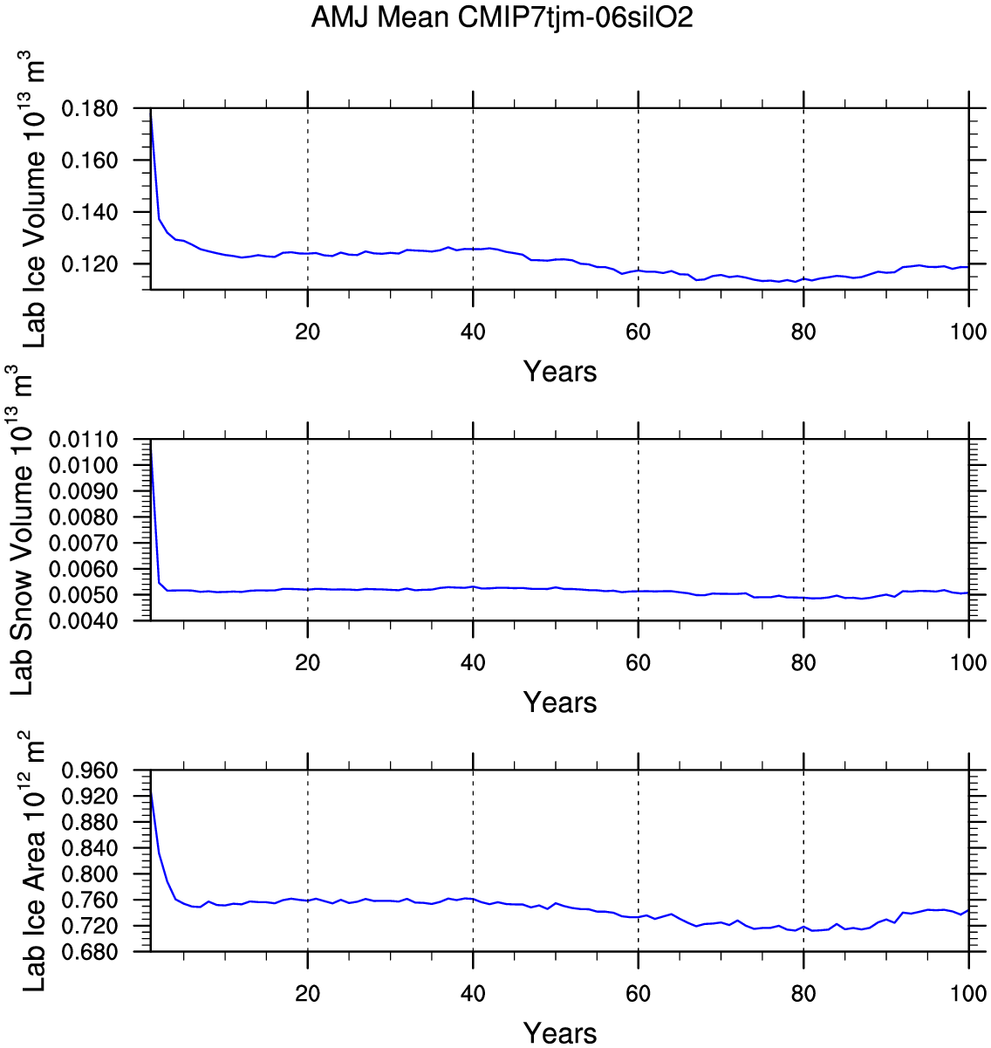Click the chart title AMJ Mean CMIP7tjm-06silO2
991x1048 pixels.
[x=502, y=17]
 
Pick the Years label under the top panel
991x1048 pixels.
[x=560, y=372]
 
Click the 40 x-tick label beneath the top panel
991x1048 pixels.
[x=473, y=332]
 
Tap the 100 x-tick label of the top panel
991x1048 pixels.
[x=968, y=332]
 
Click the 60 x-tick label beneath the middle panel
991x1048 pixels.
[x=639, y=662]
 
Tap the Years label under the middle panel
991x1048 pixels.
[x=560, y=702]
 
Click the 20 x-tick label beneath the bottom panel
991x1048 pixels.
[x=308, y=993]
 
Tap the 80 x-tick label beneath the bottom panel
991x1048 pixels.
[x=803, y=993]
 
